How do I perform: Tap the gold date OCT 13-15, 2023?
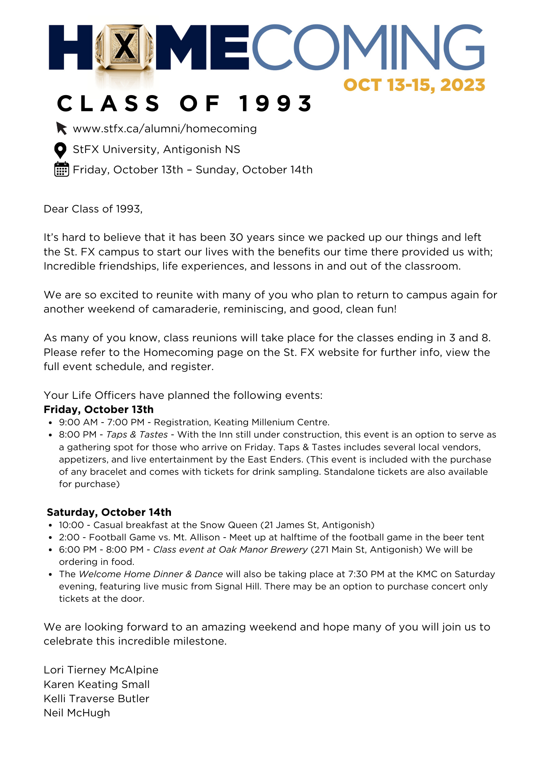pos(414,85)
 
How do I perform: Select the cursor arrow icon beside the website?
pos(61,128)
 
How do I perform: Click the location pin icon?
pos(60,150)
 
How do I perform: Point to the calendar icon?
pos(61,169)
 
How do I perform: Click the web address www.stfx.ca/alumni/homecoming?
pos(165,128)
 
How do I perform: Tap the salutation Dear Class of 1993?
pos(93,209)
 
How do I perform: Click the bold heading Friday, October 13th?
pos(99,410)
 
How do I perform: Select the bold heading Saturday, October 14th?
pos(109,512)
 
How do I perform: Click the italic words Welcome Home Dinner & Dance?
pos(151,574)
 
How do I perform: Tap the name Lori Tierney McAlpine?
pos(101,670)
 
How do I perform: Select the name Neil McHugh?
pos(77,713)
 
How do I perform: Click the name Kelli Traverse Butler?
pos(96,699)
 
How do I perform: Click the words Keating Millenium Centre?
pos(271,422)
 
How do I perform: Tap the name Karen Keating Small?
pos(97,685)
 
